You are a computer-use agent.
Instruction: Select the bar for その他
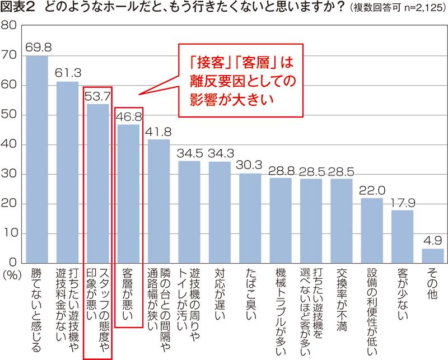point(432,256)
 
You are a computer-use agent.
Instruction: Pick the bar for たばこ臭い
point(250,218)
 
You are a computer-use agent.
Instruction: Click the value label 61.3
point(68,73)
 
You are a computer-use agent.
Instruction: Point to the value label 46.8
point(128,116)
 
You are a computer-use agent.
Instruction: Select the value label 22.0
point(371,190)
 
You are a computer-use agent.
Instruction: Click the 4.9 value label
point(432,241)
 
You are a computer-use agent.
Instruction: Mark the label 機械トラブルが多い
point(281,314)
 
